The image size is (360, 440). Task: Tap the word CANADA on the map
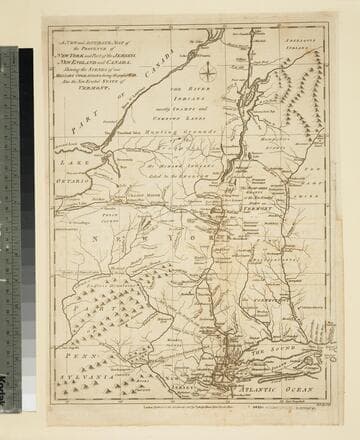coord(161,67)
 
